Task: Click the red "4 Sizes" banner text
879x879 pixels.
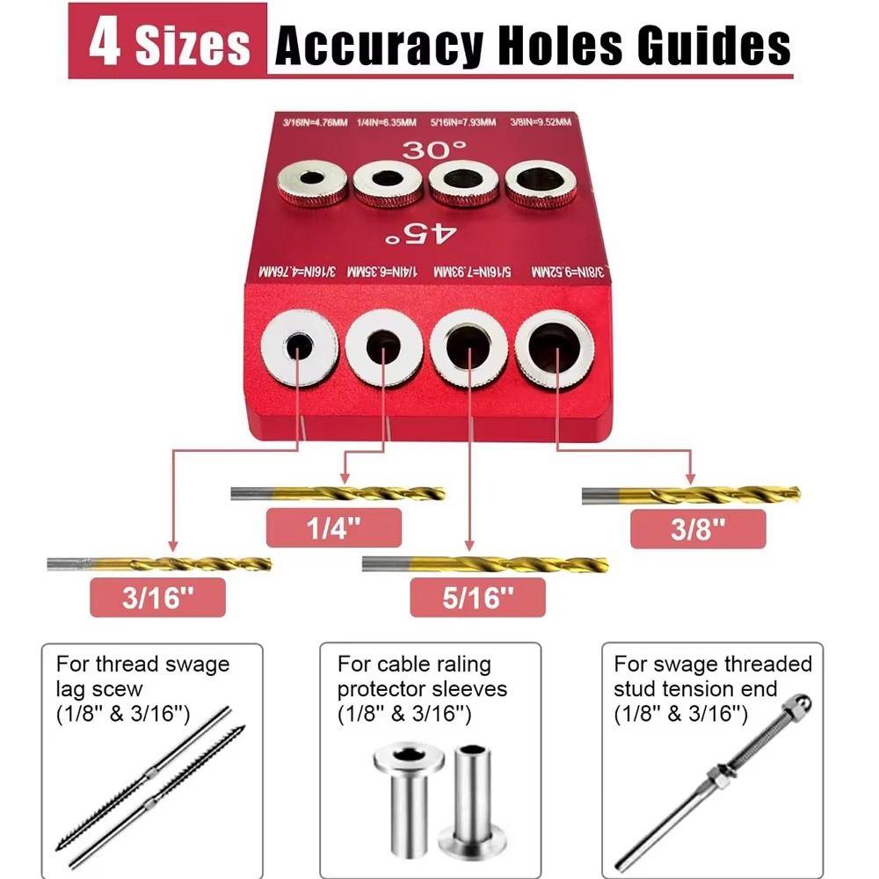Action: (x=168, y=44)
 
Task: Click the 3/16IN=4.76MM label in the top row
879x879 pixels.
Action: (x=305, y=123)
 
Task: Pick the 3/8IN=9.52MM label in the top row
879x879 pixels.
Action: (x=539, y=123)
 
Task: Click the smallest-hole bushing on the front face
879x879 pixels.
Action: (x=299, y=350)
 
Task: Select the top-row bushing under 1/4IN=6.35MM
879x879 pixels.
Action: (x=389, y=183)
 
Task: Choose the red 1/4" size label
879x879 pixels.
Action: (x=333, y=528)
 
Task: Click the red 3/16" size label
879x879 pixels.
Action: (x=157, y=598)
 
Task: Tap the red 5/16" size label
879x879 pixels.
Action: (x=477, y=598)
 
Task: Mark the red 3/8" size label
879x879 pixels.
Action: (x=699, y=528)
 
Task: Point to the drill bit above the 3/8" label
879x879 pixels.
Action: (x=691, y=496)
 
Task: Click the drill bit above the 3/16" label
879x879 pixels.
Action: (x=159, y=563)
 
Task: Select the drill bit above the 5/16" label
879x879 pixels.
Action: (x=484, y=563)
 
